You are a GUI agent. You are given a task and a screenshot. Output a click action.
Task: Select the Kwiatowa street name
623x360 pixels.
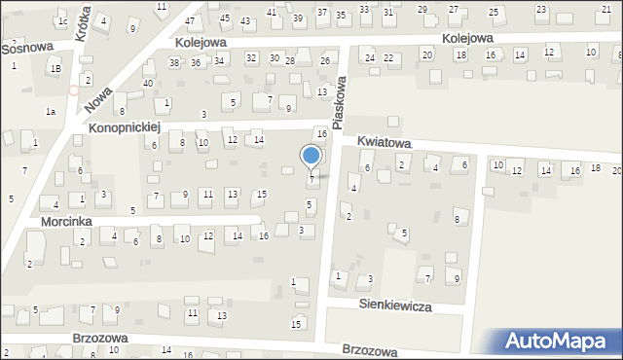[385, 142]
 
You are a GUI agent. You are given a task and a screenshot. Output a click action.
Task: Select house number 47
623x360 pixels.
[190, 20]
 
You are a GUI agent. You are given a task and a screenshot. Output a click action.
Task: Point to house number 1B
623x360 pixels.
[55, 68]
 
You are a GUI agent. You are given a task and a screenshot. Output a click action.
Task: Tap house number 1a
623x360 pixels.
[50, 112]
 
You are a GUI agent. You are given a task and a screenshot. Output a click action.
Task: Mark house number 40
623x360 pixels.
[148, 83]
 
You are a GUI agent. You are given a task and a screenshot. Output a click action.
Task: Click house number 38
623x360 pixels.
[174, 62]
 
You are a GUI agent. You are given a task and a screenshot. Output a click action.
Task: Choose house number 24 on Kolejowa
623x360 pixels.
[370, 57]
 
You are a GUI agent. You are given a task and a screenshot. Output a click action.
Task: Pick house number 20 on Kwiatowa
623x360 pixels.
[616, 169]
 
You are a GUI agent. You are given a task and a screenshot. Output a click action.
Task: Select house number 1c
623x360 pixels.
[62, 20]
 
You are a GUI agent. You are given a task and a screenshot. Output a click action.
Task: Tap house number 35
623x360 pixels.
[341, 15]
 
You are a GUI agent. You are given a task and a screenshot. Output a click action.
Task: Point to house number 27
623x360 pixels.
[453, 9]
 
